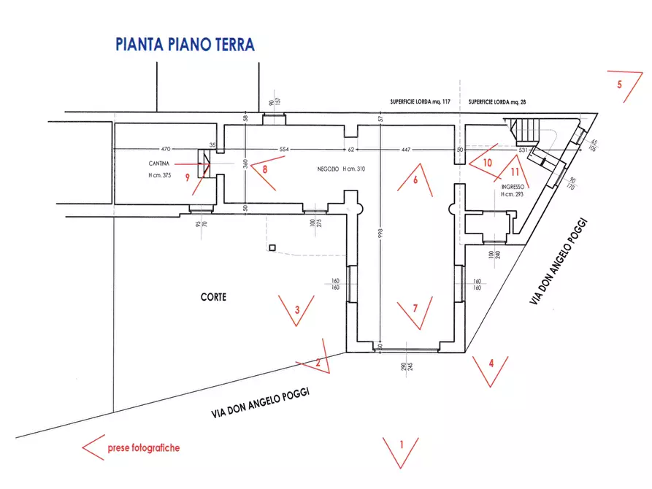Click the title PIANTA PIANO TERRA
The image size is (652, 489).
pos(185,44)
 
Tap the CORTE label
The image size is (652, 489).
pos(213,297)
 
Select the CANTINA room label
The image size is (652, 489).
pos(159,163)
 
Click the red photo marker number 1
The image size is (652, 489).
pos(400,443)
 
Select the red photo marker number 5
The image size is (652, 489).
pos(619,84)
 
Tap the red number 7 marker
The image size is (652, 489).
pos(415,308)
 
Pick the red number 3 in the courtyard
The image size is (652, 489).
pos(296,309)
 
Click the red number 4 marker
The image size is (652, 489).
pos(491,362)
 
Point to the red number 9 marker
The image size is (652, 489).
pos(188,176)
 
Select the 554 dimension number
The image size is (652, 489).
pos(285,149)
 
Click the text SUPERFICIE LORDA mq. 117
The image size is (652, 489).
pos(421,101)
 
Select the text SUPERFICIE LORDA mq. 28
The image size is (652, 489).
pos(500,101)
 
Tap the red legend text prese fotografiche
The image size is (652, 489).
pos(143,448)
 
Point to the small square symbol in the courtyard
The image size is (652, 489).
pos(272,249)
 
